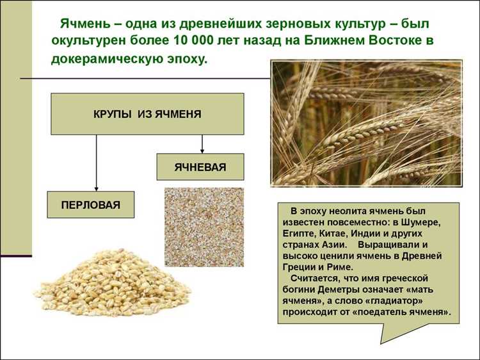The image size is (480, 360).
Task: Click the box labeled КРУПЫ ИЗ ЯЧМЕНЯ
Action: pyautogui.click(x=147, y=114)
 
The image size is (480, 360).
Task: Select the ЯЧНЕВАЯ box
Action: pyautogui.click(x=200, y=167)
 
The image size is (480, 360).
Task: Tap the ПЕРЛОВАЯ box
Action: pyautogui.click(x=90, y=205)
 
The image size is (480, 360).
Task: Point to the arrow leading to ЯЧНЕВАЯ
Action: pyautogui.click(x=202, y=144)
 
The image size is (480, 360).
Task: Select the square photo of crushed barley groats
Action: pyautogui.click(x=204, y=227)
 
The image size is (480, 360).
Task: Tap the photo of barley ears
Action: pyautogui.click(x=366, y=123)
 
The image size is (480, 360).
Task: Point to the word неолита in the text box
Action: pyautogui.click(x=346, y=210)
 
